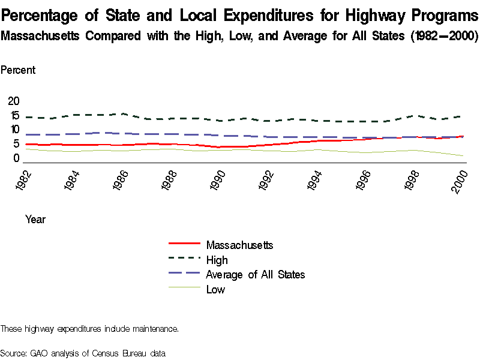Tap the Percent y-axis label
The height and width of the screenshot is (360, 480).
[x=18, y=70]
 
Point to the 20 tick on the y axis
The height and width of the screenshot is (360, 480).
[x=13, y=100]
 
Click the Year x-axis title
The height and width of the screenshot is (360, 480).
[x=35, y=220]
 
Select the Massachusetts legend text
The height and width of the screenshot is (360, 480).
[x=239, y=245]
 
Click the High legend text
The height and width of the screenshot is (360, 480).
[x=217, y=260]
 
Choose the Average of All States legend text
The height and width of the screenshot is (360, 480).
[x=255, y=275]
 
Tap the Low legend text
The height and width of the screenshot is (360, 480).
[x=215, y=290]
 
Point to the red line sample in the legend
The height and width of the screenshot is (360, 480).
[x=184, y=244]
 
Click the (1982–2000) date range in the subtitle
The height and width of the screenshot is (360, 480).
[x=444, y=36]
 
